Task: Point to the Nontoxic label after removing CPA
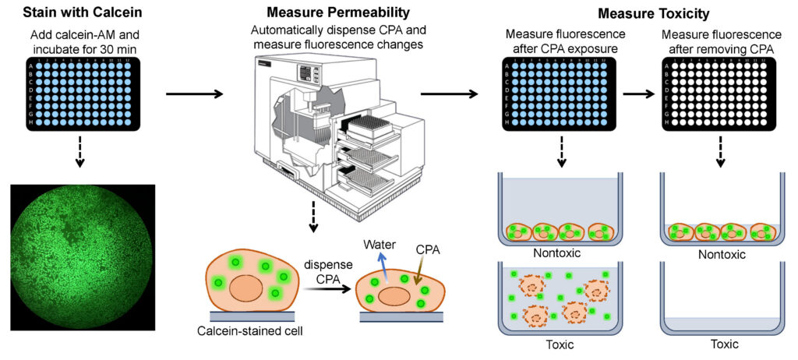[x=720, y=254]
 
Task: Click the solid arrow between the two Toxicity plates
[x=639, y=95]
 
